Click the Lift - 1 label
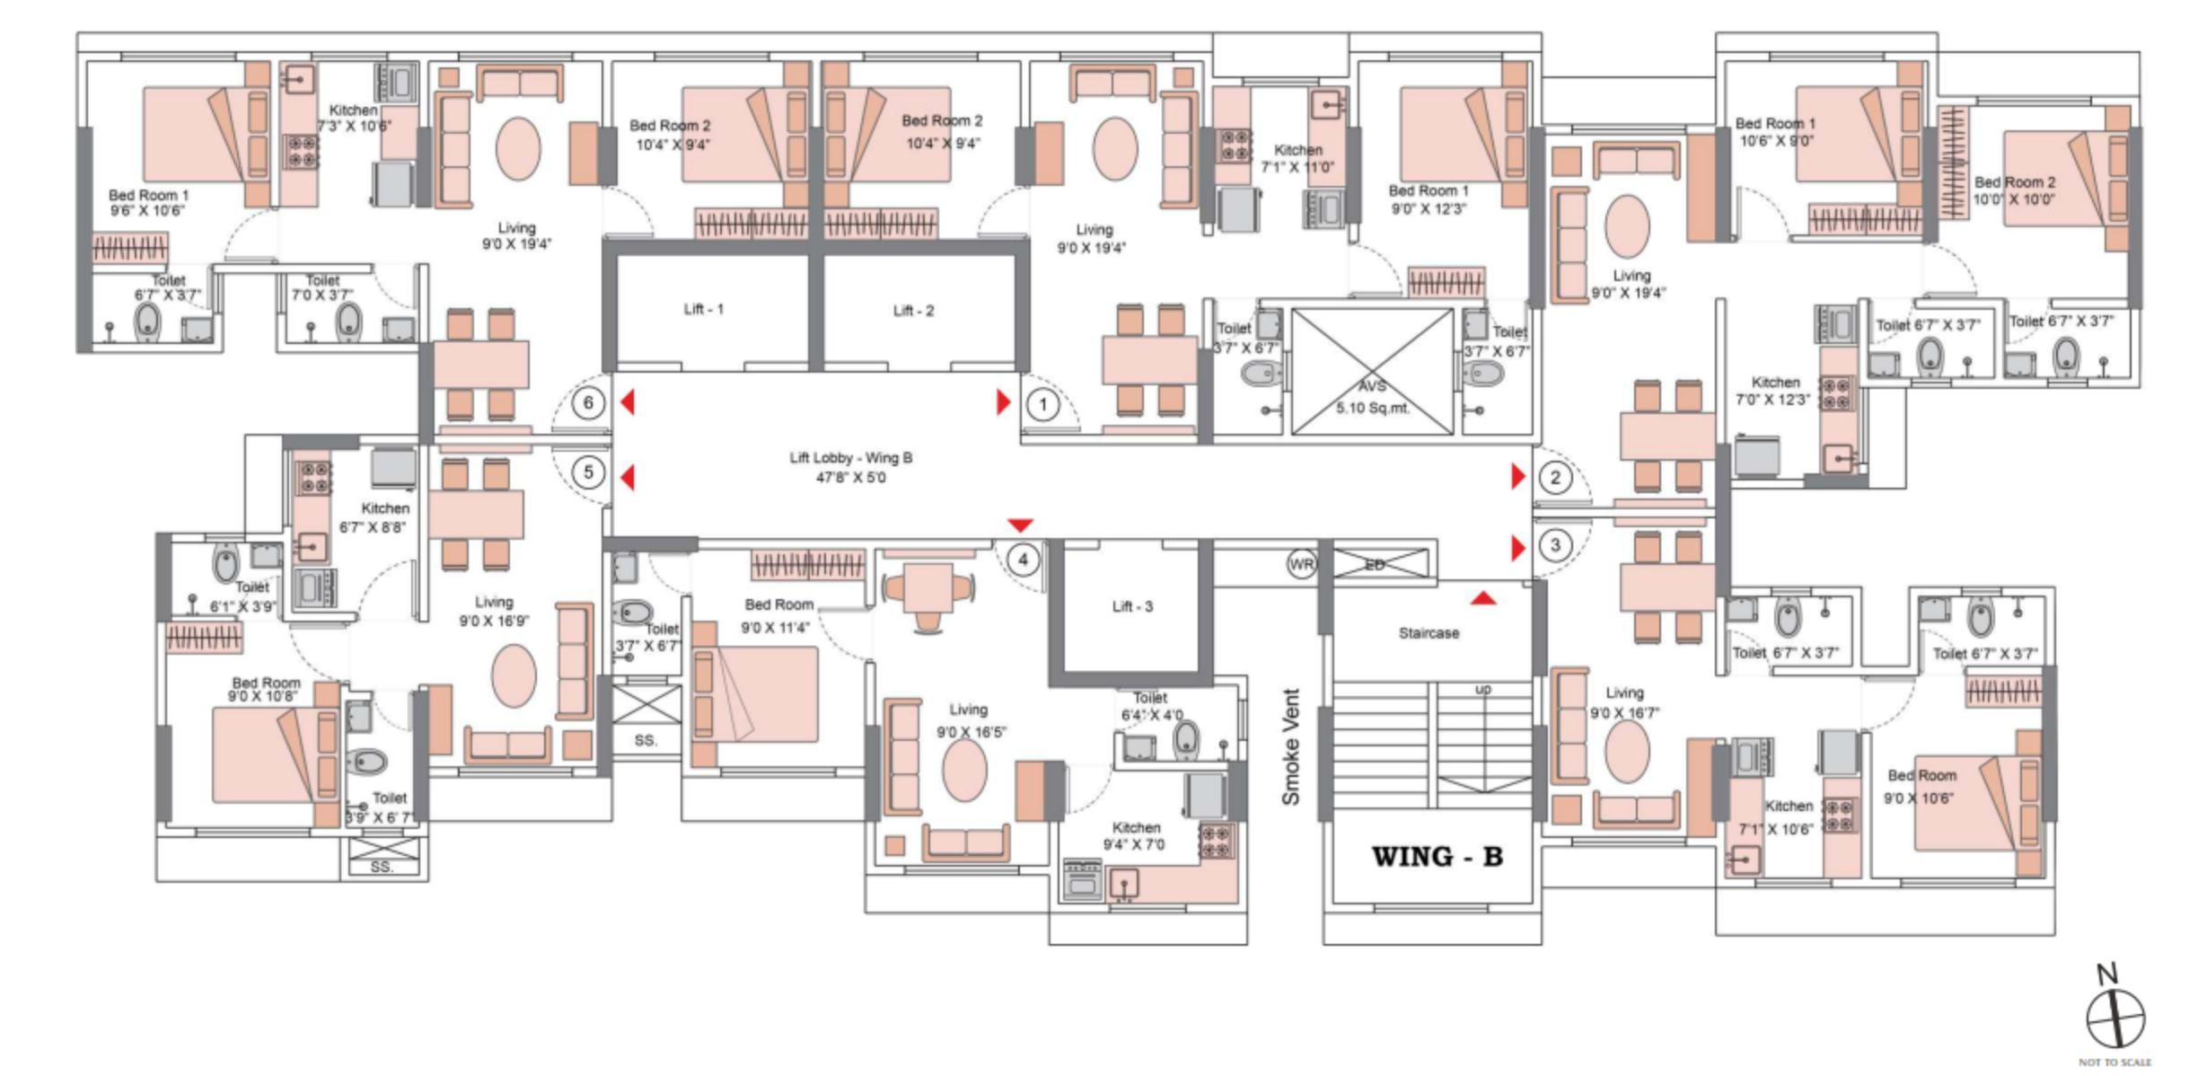(x=703, y=309)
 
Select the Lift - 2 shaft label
(x=913, y=311)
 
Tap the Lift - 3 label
(x=1132, y=606)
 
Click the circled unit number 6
(x=588, y=402)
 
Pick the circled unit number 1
(x=1042, y=405)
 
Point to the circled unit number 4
(x=1023, y=560)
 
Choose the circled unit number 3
(x=1555, y=544)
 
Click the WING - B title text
(x=1437, y=857)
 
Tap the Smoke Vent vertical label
(x=1290, y=746)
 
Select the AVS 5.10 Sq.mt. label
(x=1372, y=397)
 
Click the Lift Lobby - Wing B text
(x=850, y=467)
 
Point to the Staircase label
(x=1429, y=633)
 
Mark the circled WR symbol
(x=1301, y=564)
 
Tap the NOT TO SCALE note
(x=2114, y=1063)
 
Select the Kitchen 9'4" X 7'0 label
(x=1135, y=835)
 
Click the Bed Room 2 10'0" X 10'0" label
(x=2014, y=190)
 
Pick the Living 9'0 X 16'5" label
(x=970, y=720)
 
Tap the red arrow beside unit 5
(x=628, y=477)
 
